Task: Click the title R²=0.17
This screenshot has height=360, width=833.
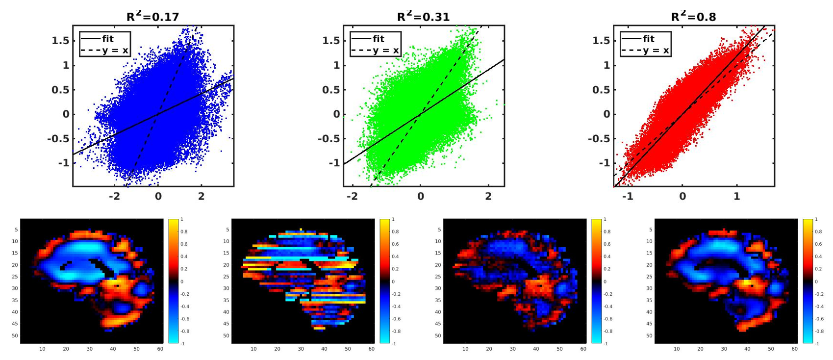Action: pyautogui.click(x=152, y=17)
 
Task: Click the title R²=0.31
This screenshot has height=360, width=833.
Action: pyautogui.click(x=423, y=17)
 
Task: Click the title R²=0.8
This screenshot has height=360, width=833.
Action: pyautogui.click(x=693, y=17)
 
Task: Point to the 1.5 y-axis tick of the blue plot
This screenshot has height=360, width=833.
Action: pyautogui.click(x=60, y=41)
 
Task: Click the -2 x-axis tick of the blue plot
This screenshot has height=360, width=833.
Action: pyautogui.click(x=114, y=196)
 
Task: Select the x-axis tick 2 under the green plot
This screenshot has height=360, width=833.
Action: pyautogui.click(x=488, y=196)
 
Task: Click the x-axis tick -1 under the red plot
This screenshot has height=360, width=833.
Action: pyautogui.click(x=628, y=196)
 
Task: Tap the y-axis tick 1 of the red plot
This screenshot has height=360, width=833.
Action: pyautogui.click(x=606, y=65)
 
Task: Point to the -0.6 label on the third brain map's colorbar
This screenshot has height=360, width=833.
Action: pyautogui.click(x=607, y=319)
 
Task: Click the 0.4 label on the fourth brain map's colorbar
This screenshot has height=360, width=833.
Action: pyautogui.click(x=819, y=257)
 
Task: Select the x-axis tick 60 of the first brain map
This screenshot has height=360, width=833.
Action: pyautogui.click(x=160, y=349)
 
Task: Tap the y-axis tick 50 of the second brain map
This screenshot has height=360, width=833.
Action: pyautogui.click(x=226, y=336)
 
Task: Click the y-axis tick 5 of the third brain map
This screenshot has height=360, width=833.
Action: pyautogui.click(x=439, y=230)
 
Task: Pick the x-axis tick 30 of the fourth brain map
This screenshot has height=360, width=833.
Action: pyautogui.click(x=724, y=349)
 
